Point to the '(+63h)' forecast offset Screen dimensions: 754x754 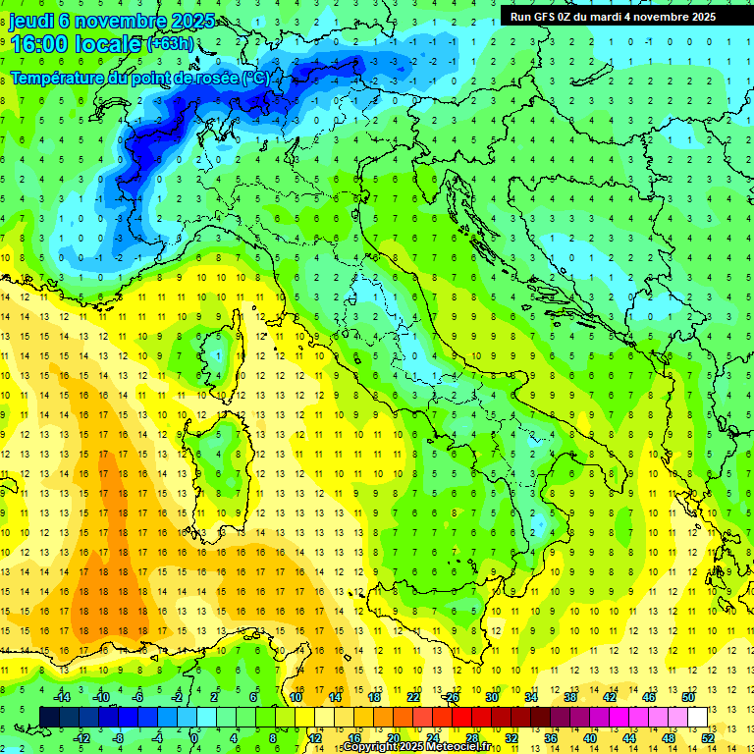click(170, 44)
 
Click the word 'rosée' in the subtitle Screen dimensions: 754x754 click(215, 78)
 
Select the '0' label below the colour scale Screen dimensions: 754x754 click(194, 737)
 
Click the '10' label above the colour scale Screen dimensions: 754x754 click(295, 697)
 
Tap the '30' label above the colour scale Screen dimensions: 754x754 click(491, 697)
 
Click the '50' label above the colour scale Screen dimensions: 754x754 click(687, 697)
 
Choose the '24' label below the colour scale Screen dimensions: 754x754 click(432, 737)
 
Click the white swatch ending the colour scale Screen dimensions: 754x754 click(697, 717)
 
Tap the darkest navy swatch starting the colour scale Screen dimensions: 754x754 click(49, 717)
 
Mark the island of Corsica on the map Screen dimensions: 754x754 click(229, 349)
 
